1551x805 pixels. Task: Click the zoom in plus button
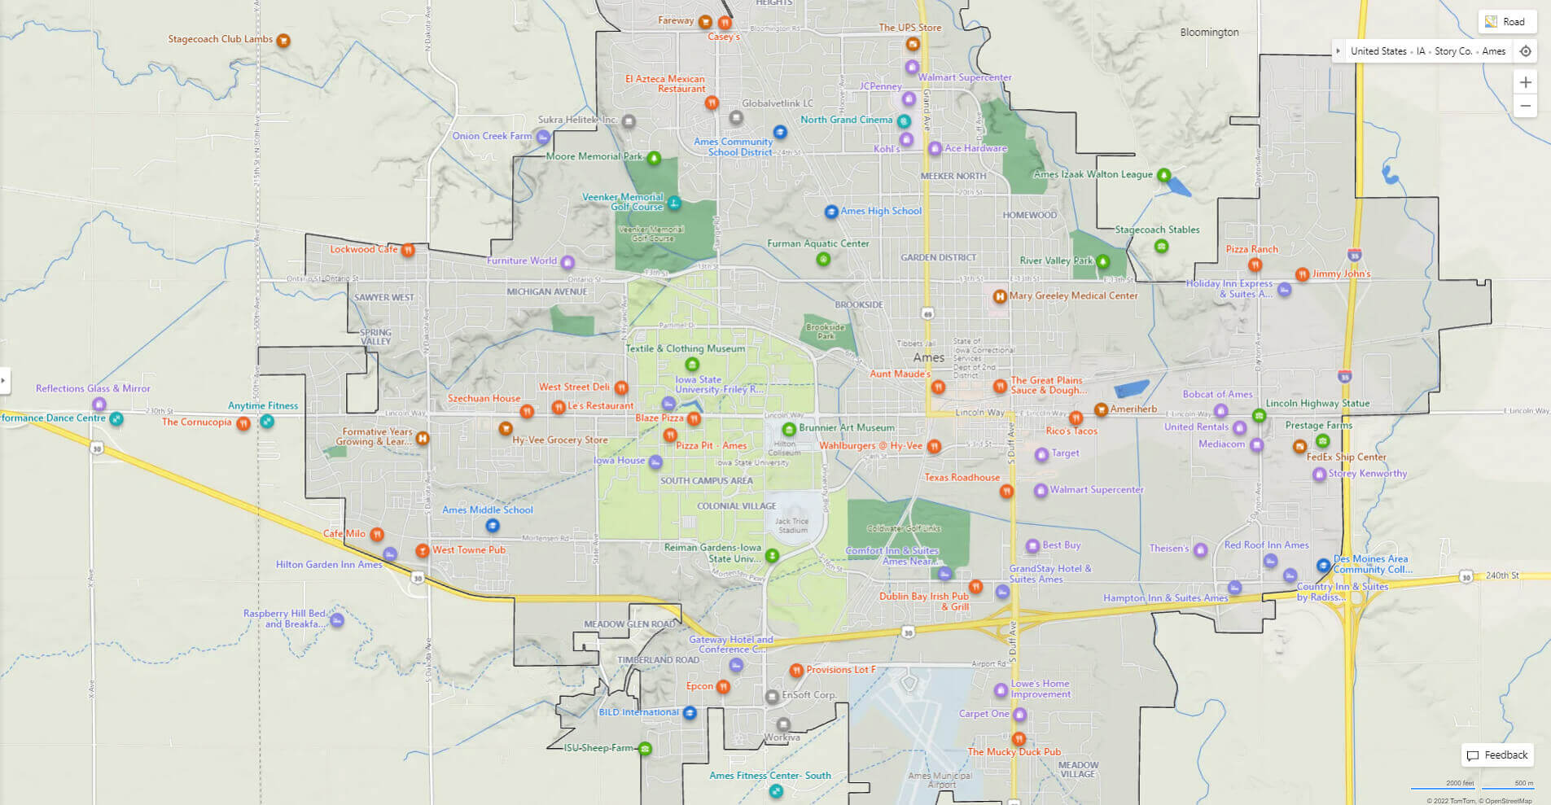[x=1525, y=82]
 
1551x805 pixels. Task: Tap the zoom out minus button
[x=1525, y=107]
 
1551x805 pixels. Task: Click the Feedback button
[x=1497, y=755]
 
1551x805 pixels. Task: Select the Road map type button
[x=1506, y=22]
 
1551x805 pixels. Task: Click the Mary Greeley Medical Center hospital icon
[x=999, y=297]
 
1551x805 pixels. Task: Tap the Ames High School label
[x=881, y=211]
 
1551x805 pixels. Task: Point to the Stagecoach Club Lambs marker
[x=283, y=40]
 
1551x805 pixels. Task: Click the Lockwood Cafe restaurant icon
[x=408, y=250]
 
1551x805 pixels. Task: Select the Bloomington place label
[x=1209, y=33]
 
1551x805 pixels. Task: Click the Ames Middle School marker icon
[x=492, y=525]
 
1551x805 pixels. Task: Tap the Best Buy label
[x=1061, y=545]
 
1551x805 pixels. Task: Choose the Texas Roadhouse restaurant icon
[x=1006, y=491]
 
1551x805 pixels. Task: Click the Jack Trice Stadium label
[x=791, y=526]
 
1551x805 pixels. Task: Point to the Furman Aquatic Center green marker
[x=823, y=259]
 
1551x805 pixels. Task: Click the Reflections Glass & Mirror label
[x=93, y=389]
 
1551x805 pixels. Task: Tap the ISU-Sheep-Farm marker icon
[x=645, y=749]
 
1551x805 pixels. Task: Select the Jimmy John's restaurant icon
[x=1302, y=275]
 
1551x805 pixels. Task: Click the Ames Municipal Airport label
[x=940, y=780]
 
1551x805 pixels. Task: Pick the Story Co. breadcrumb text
[x=1452, y=51]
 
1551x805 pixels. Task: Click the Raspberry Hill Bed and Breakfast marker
[x=337, y=620]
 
